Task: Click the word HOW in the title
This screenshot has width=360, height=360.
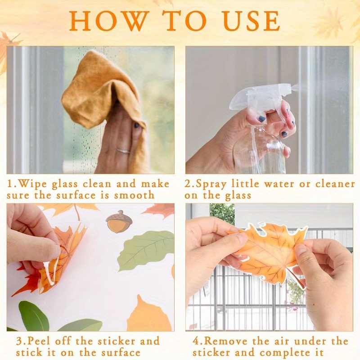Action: (x=108, y=21)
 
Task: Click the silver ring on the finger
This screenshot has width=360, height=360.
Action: (x=123, y=151)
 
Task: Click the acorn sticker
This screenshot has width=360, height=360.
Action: (x=119, y=221)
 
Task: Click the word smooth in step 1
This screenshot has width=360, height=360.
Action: (x=134, y=195)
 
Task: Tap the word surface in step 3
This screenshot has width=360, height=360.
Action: (x=121, y=352)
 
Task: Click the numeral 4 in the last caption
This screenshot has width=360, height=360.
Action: (x=197, y=341)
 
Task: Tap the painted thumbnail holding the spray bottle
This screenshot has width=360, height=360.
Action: (x=261, y=119)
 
